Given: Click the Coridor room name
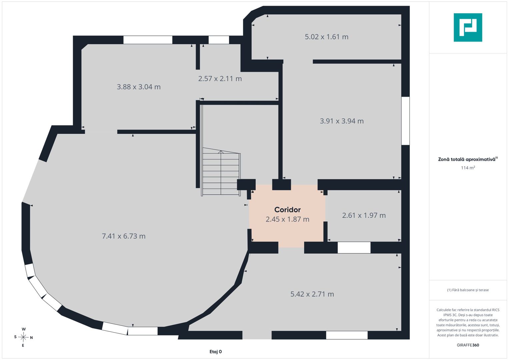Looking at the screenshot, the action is (287, 210).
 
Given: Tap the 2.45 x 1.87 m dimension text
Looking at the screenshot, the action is (287, 219).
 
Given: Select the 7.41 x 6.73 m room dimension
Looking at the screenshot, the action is (124, 236).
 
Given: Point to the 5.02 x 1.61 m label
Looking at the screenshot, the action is (327, 37).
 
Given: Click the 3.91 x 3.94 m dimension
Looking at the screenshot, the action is (342, 121).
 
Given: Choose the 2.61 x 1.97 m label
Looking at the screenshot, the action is (364, 215).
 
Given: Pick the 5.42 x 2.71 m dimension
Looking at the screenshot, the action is (312, 294).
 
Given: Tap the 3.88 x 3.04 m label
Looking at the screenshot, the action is (139, 87).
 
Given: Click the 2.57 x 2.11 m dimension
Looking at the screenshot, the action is (220, 79).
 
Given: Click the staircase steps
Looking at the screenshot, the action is (221, 172).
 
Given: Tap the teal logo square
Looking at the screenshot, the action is (468, 27).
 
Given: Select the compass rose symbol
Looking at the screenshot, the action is (23, 337).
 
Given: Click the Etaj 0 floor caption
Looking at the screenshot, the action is (216, 352).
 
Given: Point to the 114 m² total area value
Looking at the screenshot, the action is (468, 168).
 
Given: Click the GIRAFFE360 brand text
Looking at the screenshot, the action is (468, 345).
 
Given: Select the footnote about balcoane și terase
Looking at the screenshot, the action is (468, 290).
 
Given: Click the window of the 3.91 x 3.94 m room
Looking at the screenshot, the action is (405, 121).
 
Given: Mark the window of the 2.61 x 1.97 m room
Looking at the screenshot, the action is (354, 247).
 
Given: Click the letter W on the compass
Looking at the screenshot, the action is (24, 329).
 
